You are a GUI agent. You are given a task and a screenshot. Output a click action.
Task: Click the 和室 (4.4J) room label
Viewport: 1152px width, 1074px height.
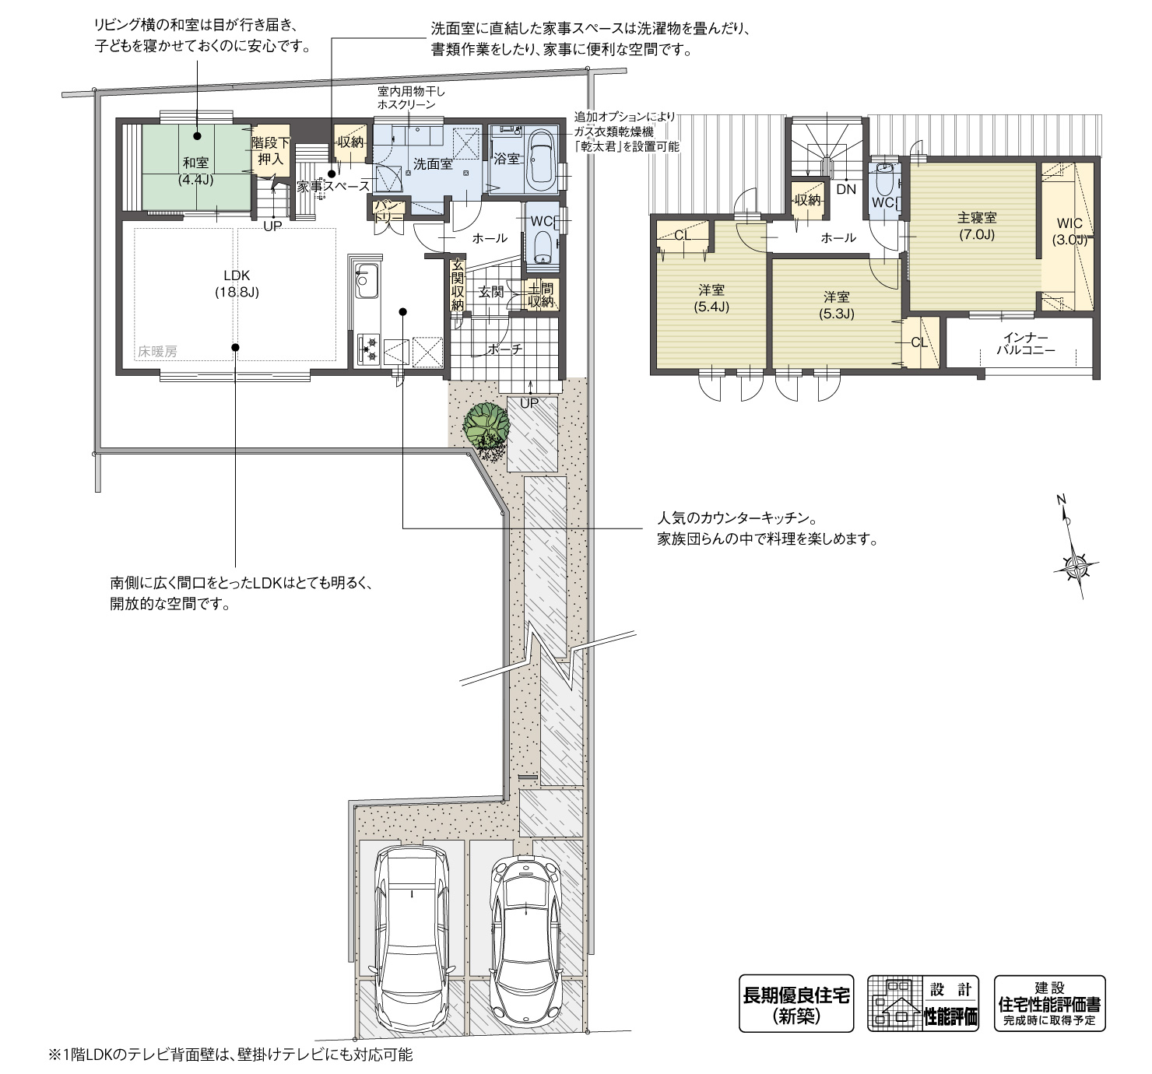coord(195,170)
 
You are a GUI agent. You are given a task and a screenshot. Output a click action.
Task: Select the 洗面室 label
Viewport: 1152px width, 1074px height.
coord(433,163)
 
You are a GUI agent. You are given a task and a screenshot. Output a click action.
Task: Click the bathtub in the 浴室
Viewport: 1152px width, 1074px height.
coord(540,160)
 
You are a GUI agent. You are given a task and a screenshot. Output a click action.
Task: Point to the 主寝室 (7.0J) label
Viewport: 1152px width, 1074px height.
coord(977,226)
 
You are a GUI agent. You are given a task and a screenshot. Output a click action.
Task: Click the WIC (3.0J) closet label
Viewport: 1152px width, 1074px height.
coord(1070,232)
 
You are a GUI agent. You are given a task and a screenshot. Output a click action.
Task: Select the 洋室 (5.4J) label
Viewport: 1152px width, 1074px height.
coord(711,298)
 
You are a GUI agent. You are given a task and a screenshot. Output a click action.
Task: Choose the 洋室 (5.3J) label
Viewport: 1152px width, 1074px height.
coord(837,305)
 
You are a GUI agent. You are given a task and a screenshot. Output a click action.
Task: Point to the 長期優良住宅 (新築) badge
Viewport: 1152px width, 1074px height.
coord(796,1003)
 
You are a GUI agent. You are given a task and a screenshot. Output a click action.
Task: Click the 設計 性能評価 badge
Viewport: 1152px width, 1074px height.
coord(925,1003)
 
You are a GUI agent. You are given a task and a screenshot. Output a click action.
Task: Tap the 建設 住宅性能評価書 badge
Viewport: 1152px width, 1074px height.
coord(1049,1003)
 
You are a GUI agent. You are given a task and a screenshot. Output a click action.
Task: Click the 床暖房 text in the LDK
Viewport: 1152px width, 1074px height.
coord(158,352)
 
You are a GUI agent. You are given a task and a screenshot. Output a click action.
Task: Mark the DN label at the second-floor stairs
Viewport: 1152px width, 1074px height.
coord(846,189)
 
